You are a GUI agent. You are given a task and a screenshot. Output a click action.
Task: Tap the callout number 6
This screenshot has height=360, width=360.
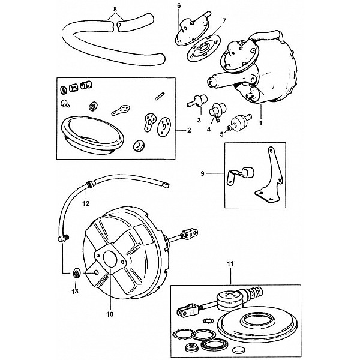click(179, 5)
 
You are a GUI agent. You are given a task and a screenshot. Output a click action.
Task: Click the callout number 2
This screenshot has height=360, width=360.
click(189, 130)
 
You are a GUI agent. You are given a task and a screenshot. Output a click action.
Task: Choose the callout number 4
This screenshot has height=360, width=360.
click(209, 129)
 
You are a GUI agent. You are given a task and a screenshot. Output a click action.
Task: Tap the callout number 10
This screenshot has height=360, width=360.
click(110, 311)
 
